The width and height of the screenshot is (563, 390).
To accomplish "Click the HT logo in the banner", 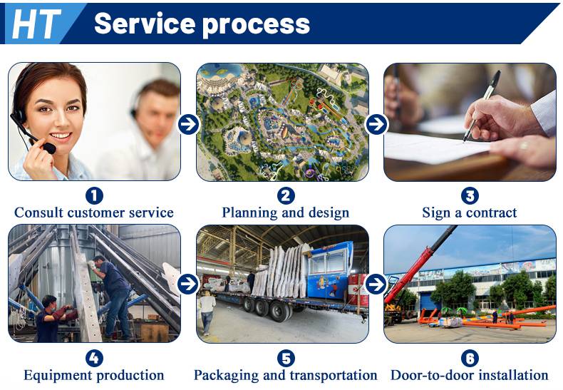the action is click(x=36, y=24).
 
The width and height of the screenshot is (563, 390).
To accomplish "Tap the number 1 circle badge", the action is click(x=94, y=196).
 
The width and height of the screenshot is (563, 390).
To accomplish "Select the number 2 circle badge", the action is click(x=286, y=196).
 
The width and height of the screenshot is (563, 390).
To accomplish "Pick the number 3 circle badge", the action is click(x=470, y=196).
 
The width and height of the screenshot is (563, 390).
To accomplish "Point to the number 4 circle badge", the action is click(x=94, y=359).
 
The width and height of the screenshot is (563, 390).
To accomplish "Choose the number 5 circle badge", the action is click(x=286, y=359).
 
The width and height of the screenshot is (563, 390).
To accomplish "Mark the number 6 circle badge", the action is click(x=470, y=359).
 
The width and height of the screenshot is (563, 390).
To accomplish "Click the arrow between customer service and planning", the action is click(x=188, y=124).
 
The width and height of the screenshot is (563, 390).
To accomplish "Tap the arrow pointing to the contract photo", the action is click(x=376, y=124).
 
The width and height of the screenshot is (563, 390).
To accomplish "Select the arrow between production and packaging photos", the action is click(x=188, y=284).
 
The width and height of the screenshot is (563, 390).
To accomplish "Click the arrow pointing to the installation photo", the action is click(x=376, y=284).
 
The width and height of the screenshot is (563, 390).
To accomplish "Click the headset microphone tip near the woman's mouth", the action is click(x=50, y=148).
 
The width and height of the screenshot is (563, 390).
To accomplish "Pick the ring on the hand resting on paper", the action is click(x=524, y=145).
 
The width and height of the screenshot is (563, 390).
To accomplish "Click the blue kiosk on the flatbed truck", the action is click(x=330, y=270).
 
